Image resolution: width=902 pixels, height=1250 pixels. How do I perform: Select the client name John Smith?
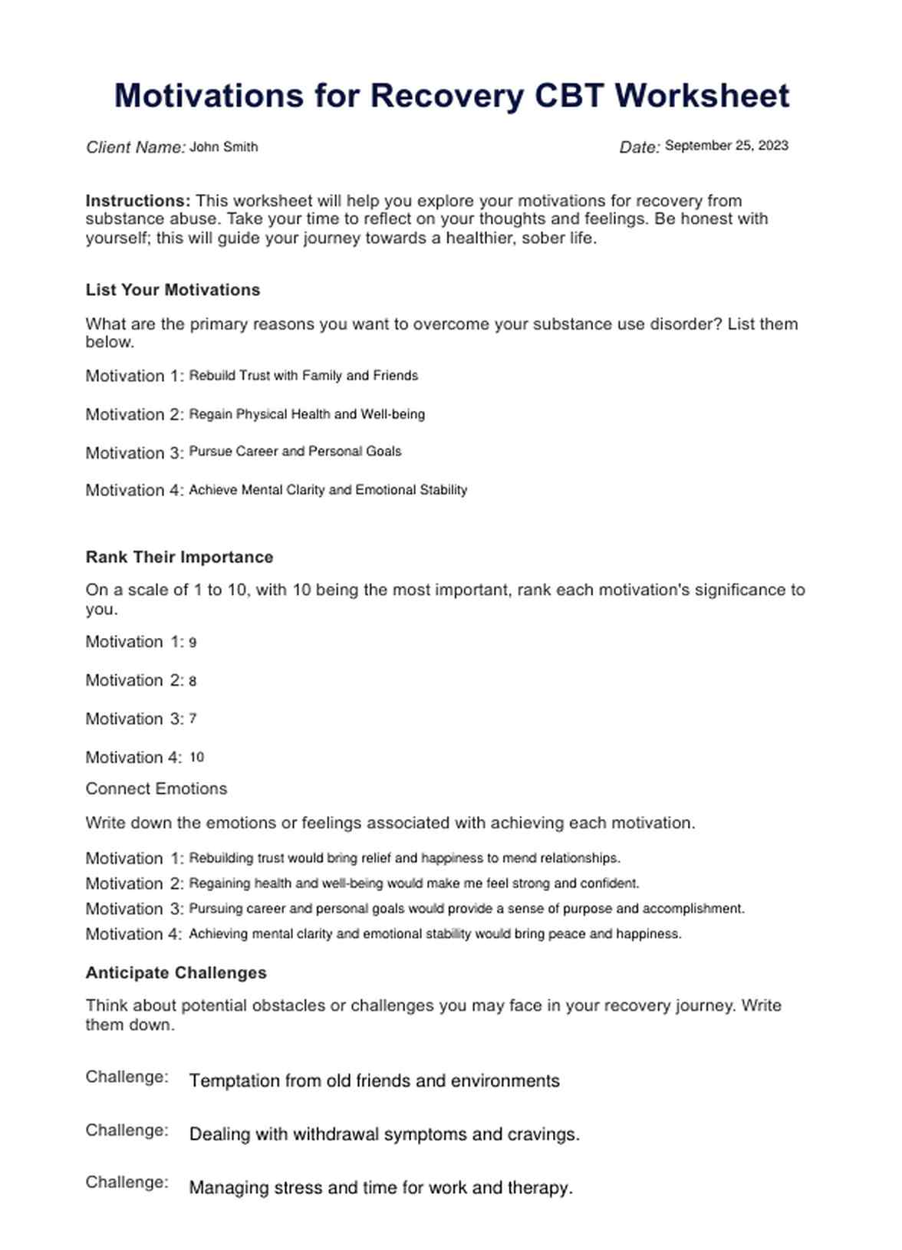click(x=223, y=146)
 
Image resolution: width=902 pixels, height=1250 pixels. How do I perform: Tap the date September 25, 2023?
click(x=726, y=146)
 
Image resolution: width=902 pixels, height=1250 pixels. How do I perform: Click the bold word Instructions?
click(x=138, y=201)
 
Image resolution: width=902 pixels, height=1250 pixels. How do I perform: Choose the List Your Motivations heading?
click(x=173, y=290)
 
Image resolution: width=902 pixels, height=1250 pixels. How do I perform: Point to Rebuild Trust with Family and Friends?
click(x=303, y=376)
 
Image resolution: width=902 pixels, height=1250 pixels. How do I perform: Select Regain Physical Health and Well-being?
click(x=307, y=414)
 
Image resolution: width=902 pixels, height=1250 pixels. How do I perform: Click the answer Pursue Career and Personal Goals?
click(x=295, y=452)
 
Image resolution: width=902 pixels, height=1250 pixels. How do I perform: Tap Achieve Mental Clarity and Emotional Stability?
click(x=328, y=490)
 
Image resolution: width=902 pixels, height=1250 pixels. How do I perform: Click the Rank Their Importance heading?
click(x=179, y=558)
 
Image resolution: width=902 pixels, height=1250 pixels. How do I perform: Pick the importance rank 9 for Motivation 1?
click(x=193, y=643)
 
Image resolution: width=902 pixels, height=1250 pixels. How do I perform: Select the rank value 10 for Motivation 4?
click(x=196, y=758)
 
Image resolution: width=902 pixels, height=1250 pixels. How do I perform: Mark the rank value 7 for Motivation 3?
click(x=193, y=719)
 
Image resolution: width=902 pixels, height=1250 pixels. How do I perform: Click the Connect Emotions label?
click(x=156, y=789)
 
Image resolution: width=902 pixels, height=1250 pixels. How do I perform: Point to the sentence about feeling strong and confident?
click(x=414, y=883)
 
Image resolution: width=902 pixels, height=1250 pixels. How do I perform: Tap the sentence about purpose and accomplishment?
click(x=466, y=909)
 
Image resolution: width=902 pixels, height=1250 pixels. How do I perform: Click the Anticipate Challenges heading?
click(x=176, y=973)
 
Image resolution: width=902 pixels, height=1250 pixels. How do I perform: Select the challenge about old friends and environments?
click(x=374, y=1081)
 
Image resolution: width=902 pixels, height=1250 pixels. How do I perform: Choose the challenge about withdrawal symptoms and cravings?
click(x=384, y=1134)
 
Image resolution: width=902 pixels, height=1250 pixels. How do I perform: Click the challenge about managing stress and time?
click(x=380, y=1188)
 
